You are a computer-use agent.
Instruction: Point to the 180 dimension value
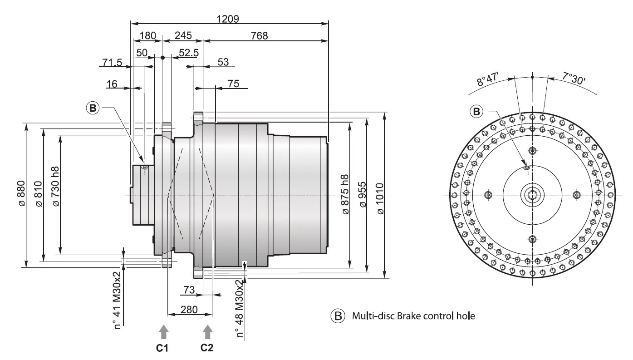tap(147, 35)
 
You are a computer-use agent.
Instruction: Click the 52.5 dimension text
tap(189, 53)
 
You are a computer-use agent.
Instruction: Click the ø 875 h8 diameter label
tap(344, 194)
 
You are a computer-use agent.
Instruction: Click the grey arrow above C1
tap(164, 332)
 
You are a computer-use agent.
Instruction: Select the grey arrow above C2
tap(207, 332)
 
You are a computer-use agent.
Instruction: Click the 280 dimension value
tap(189, 309)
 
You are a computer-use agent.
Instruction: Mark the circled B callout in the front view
tap(476, 111)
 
